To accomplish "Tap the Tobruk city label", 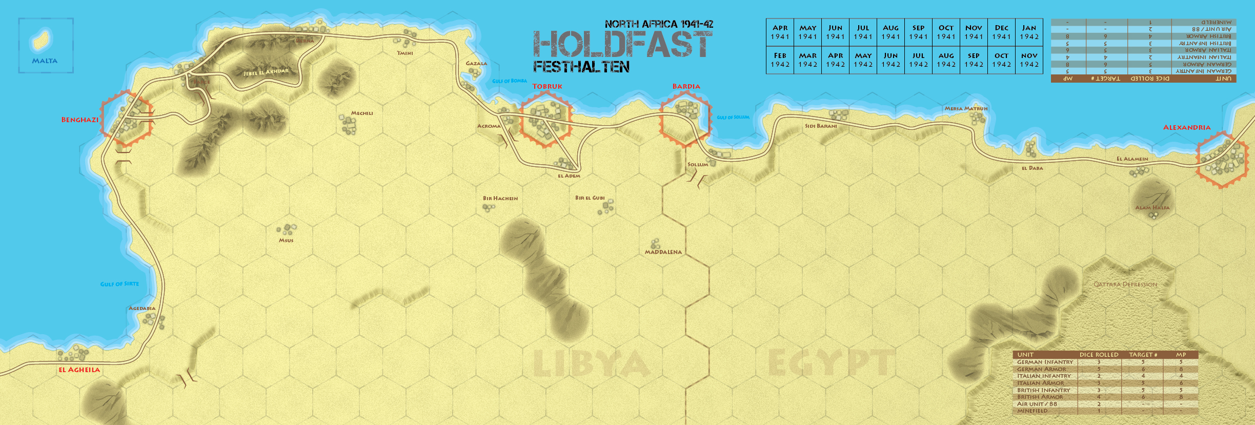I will tap(547, 86).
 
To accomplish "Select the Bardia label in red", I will tap(686, 86).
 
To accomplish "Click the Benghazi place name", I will tap(80, 120).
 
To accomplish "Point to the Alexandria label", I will tap(1186, 127).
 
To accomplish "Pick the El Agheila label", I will tap(79, 370).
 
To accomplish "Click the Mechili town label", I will tap(362, 113).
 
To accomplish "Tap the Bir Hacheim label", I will tap(500, 198).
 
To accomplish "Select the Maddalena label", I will tap(663, 252).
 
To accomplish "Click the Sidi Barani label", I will tap(821, 126).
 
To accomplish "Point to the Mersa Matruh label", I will tap(966, 109).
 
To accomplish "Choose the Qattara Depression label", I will tap(1125, 284).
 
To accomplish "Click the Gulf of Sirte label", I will tap(119, 284).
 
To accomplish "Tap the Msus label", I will tap(286, 240).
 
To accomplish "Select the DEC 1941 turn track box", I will tap(1001, 32).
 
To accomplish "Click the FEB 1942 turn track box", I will tap(780, 60).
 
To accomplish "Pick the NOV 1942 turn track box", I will tap(1029, 60).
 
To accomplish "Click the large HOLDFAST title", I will tap(622, 44).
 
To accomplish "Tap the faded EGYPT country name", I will tap(832, 362).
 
